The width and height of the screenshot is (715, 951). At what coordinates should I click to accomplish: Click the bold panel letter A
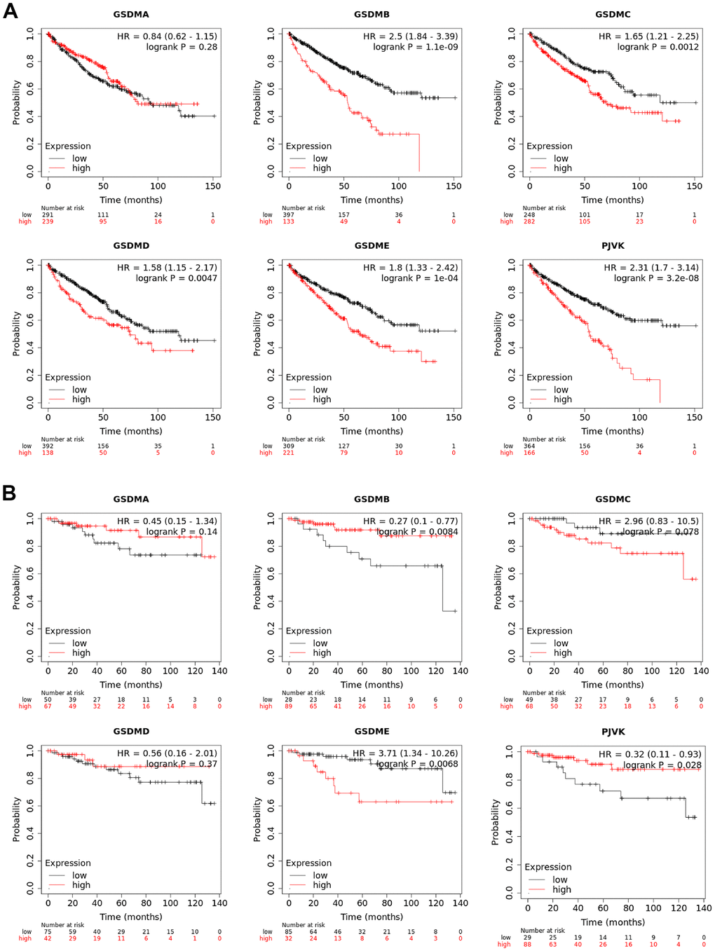click(x=10, y=11)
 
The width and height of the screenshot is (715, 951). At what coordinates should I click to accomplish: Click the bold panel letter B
click(x=9, y=493)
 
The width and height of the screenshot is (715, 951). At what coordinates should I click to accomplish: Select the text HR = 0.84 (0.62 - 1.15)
click(x=167, y=36)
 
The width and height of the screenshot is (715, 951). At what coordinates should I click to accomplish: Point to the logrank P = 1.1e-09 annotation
click(x=415, y=47)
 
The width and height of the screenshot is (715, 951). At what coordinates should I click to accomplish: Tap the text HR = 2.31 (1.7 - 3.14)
click(x=651, y=268)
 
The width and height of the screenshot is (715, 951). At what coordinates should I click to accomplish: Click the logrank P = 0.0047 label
click(x=176, y=278)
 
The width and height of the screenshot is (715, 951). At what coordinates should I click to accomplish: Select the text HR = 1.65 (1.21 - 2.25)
click(x=648, y=36)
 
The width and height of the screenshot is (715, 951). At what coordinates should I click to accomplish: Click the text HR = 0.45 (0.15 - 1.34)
click(x=167, y=521)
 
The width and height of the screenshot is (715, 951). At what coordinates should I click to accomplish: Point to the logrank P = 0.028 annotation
click(x=662, y=765)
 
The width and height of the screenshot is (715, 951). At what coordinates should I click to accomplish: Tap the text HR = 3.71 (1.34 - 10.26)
click(x=405, y=753)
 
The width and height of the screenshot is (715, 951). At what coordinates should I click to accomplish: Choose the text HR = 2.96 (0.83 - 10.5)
click(x=648, y=521)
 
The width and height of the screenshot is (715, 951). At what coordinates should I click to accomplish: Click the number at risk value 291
click(x=48, y=215)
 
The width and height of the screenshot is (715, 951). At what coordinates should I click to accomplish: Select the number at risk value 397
click(x=288, y=215)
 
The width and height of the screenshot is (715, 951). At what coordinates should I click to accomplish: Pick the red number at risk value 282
click(x=529, y=221)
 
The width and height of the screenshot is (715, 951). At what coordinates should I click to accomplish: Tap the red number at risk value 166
click(x=529, y=453)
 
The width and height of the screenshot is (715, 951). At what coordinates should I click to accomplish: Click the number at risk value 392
click(x=48, y=446)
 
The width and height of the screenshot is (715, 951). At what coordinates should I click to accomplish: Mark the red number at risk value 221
click(x=288, y=453)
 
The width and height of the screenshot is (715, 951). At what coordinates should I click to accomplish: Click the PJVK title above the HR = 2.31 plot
click(x=613, y=246)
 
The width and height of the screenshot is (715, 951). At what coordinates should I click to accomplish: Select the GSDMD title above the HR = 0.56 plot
click(x=131, y=732)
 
